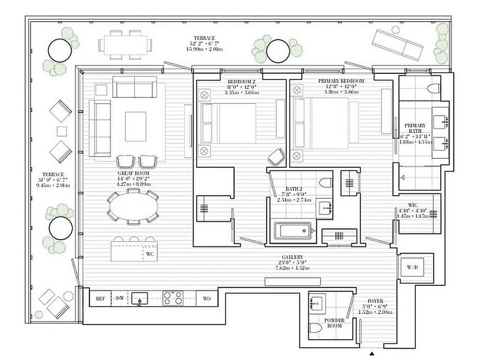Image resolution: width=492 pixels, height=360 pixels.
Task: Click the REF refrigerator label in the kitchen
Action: click(100, 298)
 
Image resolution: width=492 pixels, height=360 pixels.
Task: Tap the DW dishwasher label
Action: click(120, 298)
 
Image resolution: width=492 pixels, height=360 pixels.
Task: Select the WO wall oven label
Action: click(207, 298)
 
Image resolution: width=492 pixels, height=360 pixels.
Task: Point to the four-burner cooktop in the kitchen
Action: click(173, 298)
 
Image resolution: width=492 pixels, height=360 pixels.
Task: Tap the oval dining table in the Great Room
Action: click(133, 207)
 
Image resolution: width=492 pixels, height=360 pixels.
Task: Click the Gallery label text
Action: click(293, 257)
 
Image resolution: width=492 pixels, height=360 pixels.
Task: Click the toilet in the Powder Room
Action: click(317, 332)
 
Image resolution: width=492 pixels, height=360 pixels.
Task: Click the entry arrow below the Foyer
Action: click(371, 354)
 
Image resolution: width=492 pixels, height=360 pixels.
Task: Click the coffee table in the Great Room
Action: click(135, 126)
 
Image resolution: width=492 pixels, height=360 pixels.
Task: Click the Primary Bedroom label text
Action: click(341, 81)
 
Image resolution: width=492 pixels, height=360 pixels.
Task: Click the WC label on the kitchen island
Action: click(150, 254)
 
